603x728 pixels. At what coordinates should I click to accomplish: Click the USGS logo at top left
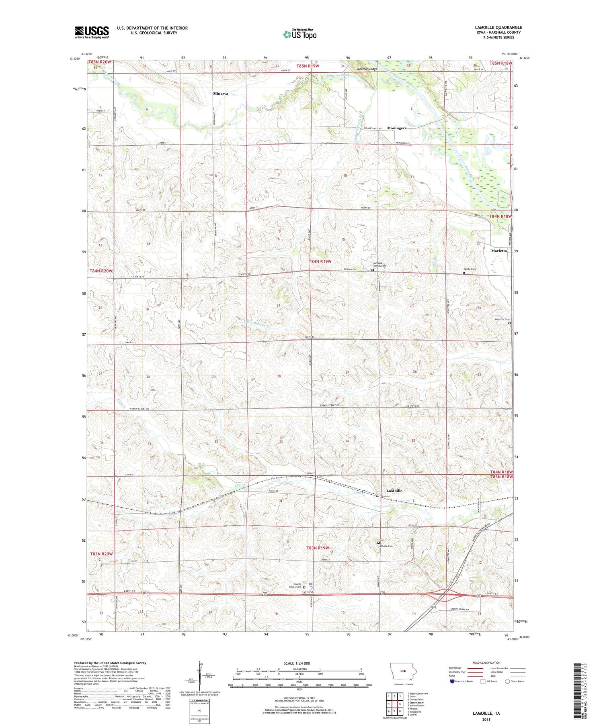[x=92, y=32]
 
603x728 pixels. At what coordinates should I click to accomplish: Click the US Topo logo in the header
[x=299, y=35]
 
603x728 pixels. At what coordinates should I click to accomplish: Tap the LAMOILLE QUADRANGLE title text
[x=498, y=27]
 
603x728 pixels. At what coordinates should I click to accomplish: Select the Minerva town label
[x=221, y=94]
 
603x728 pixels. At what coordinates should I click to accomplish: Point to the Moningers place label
[x=396, y=128]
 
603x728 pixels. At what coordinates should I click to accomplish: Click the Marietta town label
[x=499, y=251]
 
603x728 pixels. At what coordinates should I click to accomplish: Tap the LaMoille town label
[x=394, y=491]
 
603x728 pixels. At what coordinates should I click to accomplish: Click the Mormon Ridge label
[x=367, y=69]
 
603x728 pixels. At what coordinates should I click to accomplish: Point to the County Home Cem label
[x=297, y=585]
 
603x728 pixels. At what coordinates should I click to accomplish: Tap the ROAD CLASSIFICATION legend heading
[x=486, y=663]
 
